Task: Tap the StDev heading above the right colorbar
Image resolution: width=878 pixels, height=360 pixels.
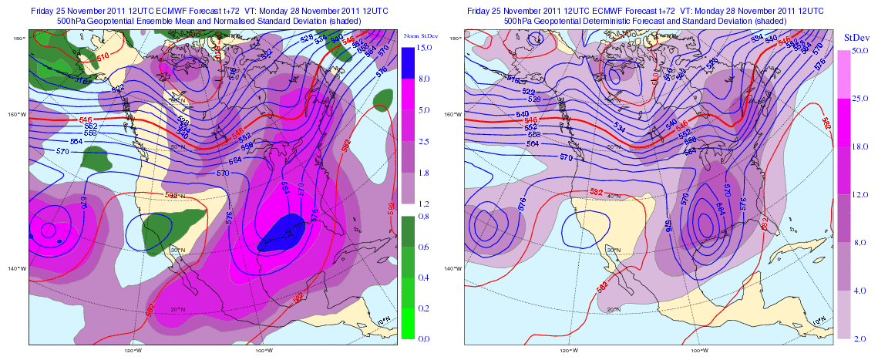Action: pos(856,36)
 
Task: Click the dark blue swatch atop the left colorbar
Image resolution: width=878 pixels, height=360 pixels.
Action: pos(409,62)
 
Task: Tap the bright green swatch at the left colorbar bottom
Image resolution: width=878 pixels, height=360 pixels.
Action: pos(409,323)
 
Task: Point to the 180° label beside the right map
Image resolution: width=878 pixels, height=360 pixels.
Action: pos(456,38)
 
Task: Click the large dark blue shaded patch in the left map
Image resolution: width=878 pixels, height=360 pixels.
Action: pos(281,234)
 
